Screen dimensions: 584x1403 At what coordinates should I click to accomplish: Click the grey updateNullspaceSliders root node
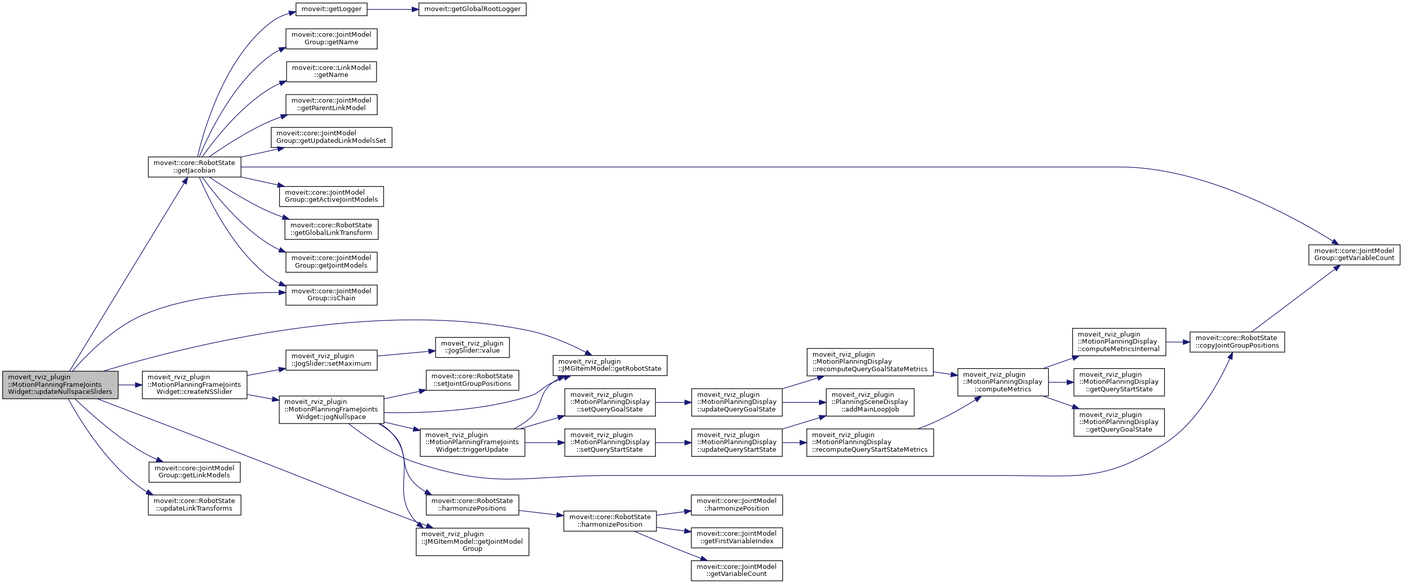click(x=60, y=384)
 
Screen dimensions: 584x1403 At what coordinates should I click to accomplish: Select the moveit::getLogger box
click(x=331, y=9)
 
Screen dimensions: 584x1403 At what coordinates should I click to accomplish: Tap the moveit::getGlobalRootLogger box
click(x=472, y=9)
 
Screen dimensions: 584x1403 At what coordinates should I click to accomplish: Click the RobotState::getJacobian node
click(x=194, y=166)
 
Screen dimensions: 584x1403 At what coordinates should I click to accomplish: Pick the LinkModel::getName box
click(x=331, y=71)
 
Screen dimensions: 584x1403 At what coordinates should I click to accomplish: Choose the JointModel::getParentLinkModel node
click(x=331, y=104)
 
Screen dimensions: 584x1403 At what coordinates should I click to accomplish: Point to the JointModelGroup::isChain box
click(x=331, y=294)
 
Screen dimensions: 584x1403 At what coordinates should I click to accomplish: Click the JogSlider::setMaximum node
click(x=331, y=360)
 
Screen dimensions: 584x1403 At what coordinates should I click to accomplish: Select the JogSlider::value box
click(x=472, y=347)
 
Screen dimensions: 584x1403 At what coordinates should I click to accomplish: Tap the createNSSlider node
click(x=194, y=384)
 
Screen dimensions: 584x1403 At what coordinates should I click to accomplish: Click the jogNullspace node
click(x=331, y=409)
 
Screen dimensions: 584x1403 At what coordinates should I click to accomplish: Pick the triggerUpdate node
click(x=472, y=443)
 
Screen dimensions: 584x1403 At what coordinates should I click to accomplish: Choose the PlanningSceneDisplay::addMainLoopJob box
click(x=869, y=402)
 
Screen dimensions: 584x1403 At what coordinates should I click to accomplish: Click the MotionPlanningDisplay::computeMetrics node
click(x=1002, y=382)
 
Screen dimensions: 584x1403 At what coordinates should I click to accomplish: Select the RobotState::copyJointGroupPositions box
click(x=1237, y=342)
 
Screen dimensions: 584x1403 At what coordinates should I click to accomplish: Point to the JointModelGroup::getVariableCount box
click(x=1354, y=255)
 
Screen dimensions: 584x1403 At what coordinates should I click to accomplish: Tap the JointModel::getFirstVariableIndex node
click(x=736, y=537)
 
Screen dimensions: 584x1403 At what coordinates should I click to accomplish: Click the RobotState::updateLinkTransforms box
click(x=194, y=505)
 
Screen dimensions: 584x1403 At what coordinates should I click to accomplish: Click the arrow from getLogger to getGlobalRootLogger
click(x=392, y=9)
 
